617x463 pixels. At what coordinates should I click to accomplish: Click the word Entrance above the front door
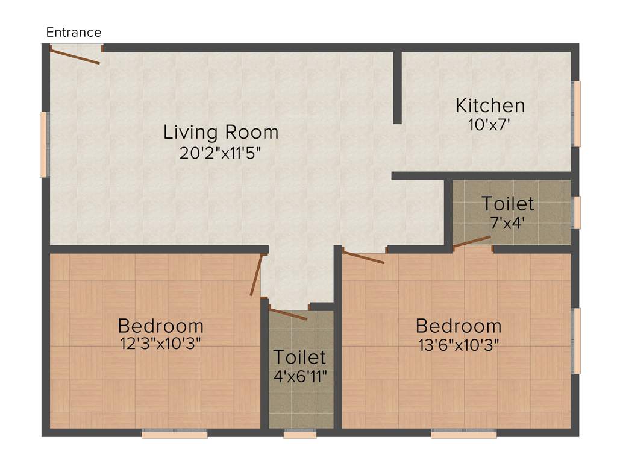coord(74,33)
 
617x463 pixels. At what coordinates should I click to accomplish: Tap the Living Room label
coord(221,132)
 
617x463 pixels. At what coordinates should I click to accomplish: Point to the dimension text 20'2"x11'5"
coord(221,153)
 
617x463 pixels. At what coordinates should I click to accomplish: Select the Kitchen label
coord(490,106)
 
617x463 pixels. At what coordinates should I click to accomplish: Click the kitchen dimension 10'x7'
coord(490,125)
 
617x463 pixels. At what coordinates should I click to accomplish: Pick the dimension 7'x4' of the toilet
coord(507,221)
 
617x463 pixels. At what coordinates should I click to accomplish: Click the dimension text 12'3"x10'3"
coord(160,344)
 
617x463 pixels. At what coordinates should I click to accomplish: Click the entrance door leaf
coord(75,56)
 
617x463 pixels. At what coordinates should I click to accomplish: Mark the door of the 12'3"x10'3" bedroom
coord(257,275)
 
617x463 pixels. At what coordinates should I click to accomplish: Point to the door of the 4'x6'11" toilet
coord(288,313)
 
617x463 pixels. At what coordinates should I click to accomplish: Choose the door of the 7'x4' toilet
coord(472,242)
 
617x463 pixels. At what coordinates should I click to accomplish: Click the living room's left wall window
coord(44,145)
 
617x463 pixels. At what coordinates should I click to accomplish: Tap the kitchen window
coord(577,114)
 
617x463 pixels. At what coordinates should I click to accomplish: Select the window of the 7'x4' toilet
coord(577,212)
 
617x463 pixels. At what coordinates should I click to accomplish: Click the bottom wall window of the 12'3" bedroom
coord(175,433)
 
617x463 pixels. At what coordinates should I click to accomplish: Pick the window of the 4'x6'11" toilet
coord(299,433)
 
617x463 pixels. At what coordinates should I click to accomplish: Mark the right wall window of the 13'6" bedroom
coord(577,341)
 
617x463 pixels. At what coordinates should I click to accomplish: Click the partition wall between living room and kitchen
coord(397,87)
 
